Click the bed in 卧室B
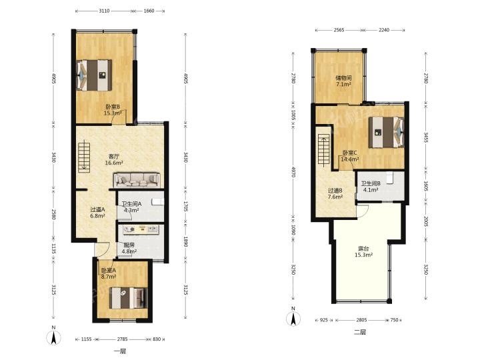pos(94,75)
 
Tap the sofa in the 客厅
pos(137,180)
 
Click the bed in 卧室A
pos(128,298)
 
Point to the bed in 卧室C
pos(386,132)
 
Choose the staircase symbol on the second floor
pos(323,150)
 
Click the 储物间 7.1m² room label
pos(343,81)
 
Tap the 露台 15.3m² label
pos(363,251)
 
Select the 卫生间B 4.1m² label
pos(371,187)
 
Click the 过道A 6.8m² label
pos(97,213)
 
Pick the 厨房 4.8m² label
pos(129,248)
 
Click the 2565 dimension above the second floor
pos(339,30)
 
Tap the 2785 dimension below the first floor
pos(122,339)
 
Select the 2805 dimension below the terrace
pos(361,320)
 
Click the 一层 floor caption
pos(120,351)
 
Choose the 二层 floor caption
pos(360,332)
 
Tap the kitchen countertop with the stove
pos(141,229)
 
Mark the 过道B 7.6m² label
pos(335,194)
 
